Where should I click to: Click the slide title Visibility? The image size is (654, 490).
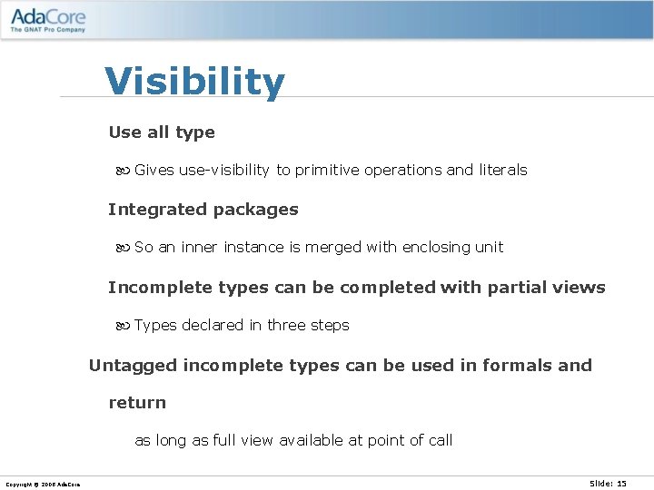194,82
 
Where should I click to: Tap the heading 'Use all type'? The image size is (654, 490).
162,132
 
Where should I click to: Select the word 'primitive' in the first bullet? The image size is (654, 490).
327,171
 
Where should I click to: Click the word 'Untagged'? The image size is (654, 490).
133,366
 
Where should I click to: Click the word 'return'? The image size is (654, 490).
137,403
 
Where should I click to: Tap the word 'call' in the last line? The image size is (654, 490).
440,441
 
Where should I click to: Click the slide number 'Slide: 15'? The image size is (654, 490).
608,484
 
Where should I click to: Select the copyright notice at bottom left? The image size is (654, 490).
43,485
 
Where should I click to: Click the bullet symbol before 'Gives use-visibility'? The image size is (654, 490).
124,171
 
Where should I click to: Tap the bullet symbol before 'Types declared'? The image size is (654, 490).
124,326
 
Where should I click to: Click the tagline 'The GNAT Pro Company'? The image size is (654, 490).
48,30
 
